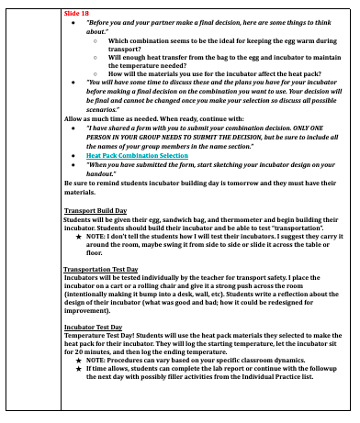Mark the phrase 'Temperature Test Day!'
pos(102,335)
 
